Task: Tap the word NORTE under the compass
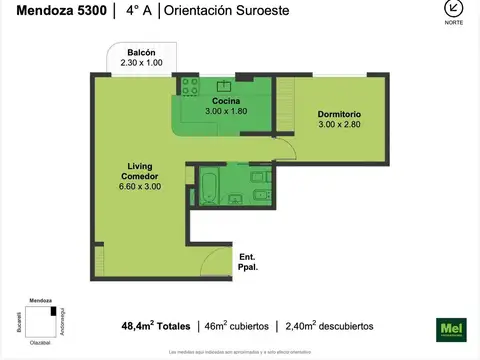point(454,23)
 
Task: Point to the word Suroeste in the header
point(268,13)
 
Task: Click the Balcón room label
point(141,53)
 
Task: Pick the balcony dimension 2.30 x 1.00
point(141,64)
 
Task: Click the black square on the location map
point(53,312)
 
